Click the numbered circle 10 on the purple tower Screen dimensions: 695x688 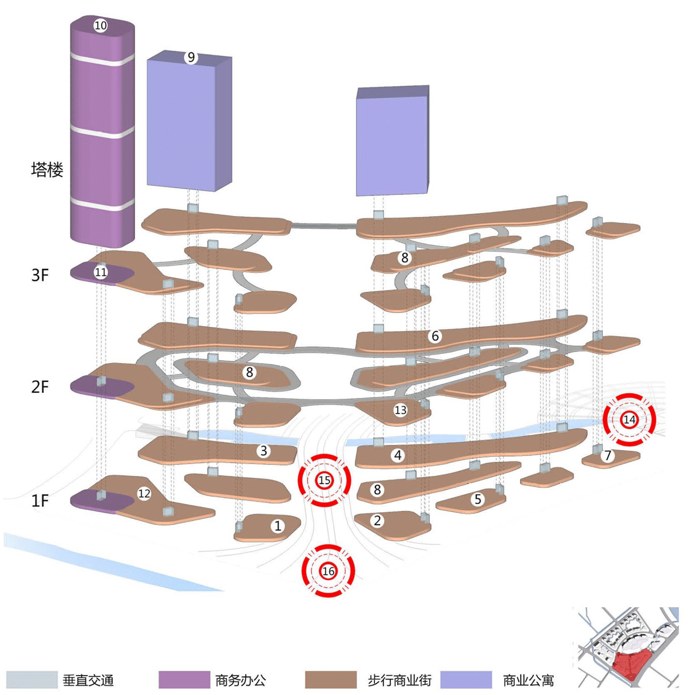click(100, 25)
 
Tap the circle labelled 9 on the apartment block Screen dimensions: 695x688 click(190, 57)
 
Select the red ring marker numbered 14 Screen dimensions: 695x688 click(629, 420)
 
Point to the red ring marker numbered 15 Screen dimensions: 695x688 click(325, 480)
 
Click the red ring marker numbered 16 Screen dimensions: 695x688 click(328, 571)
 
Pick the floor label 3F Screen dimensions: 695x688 click(40, 275)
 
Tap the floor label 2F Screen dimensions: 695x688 click(40, 387)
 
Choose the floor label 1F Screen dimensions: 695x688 click(40, 501)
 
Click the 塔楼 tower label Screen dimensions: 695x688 click(47, 170)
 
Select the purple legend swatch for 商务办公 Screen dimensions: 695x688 click(184, 680)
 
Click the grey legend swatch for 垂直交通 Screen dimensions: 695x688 click(32, 680)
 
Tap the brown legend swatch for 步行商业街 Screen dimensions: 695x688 click(331, 680)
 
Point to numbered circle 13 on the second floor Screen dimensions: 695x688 click(400, 410)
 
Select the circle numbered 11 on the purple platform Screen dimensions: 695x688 click(101, 272)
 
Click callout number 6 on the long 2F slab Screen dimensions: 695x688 click(435, 336)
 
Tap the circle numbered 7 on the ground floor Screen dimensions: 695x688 click(608, 456)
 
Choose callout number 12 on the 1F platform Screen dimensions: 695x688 click(144, 493)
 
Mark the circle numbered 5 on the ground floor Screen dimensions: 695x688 click(478, 499)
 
